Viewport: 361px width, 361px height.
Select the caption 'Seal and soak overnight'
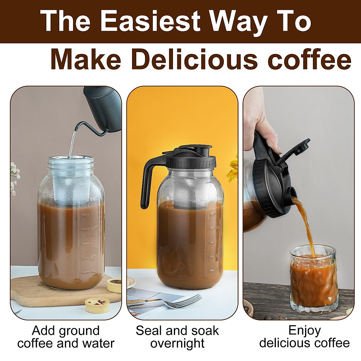point(177,337)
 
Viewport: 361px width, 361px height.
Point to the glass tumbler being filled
point(313,280)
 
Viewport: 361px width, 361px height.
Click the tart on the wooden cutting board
point(114,285)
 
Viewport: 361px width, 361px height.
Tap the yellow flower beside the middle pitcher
point(233,171)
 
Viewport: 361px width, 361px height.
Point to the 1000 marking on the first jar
point(94,229)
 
